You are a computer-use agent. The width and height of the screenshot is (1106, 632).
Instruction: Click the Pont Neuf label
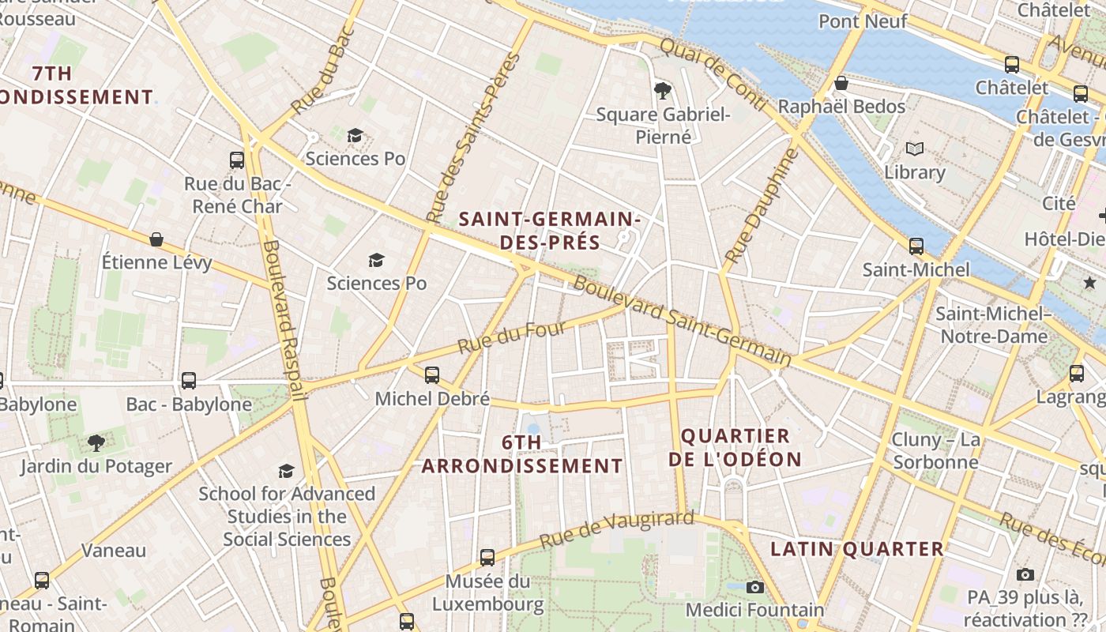point(863,21)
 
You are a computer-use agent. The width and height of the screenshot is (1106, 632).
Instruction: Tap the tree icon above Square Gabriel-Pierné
point(662,91)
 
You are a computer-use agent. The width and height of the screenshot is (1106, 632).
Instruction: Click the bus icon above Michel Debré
point(431,374)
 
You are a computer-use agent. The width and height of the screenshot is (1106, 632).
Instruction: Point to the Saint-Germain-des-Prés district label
point(550,230)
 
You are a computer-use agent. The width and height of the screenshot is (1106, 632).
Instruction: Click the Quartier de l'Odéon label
point(735,447)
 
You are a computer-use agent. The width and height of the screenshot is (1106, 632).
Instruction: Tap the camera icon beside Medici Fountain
point(755,587)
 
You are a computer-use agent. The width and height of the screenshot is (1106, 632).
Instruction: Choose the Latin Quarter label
point(857,548)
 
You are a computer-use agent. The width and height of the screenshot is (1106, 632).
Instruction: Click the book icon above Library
point(914,149)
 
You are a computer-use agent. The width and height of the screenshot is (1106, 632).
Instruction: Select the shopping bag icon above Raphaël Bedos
point(841,83)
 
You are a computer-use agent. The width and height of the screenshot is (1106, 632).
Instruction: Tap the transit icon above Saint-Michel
point(916,246)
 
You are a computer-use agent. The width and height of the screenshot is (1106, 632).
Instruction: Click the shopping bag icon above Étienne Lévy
point(156,239)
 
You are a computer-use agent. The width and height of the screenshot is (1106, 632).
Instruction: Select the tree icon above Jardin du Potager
point(96,442)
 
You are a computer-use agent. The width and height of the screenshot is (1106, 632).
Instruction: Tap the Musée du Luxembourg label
point(487,593)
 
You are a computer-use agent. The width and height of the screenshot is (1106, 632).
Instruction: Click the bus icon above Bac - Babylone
point(189,380)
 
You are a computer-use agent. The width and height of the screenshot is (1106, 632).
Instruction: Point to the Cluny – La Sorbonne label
point(936,450)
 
